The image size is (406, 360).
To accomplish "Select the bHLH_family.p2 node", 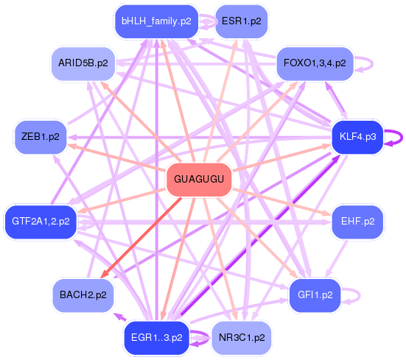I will point(156,21).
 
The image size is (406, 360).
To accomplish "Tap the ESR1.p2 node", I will point(241,21).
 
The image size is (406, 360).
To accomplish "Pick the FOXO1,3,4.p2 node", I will point(315,63).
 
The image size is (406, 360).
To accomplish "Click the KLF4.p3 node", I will point(357,137).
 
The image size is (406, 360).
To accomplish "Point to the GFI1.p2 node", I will point(315,295).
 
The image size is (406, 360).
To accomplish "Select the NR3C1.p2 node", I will point(241,338).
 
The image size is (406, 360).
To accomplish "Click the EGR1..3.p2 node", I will point(156,338).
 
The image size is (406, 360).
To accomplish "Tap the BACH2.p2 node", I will point(83,295).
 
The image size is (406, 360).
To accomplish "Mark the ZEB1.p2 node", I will point(41,137).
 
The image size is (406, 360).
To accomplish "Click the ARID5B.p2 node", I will point(83,63).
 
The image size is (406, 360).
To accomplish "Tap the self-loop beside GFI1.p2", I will point(355,295).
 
